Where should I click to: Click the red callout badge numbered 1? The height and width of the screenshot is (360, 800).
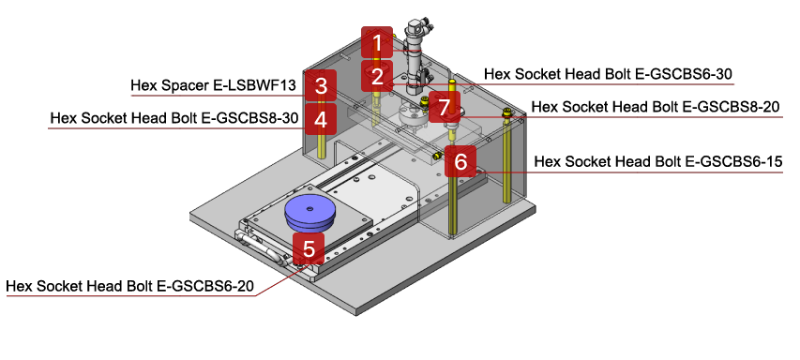coord(377,42)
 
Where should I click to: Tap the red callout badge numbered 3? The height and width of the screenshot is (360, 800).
coord(321,86)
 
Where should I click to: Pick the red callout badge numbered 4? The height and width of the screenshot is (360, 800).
coord(321,119)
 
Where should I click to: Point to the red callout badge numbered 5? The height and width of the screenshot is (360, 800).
coord(309,248)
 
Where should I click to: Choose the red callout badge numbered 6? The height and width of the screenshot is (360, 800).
coord(460,161)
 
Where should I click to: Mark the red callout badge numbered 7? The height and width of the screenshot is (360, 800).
coord(445,107)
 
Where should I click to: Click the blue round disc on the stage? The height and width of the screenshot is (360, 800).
coord(309,211)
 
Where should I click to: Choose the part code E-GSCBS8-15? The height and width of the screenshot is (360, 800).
coord(735,161)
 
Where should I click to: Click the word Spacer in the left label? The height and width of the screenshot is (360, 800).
coord(184,86)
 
